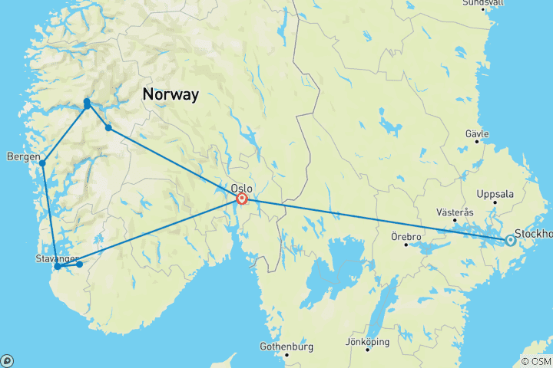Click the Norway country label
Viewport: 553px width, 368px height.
click(170, 95)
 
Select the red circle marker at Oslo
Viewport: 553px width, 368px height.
click(242, 199)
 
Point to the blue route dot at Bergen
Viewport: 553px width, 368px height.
click(42, 163)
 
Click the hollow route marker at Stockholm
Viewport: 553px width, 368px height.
click(510, 241)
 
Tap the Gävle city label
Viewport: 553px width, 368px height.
click(477, 133)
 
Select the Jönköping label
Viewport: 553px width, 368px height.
click(368, 341)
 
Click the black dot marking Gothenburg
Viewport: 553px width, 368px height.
click(286, 355)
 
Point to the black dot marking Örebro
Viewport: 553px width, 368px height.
click(406, 245)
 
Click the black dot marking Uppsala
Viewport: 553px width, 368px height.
click(495, 203)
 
